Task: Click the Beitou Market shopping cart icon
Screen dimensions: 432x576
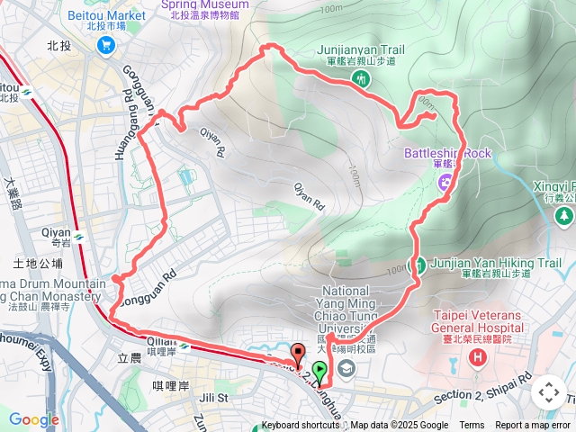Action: point(107,44)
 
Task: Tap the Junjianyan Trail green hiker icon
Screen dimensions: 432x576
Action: point(362,78)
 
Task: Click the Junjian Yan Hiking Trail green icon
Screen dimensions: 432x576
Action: point(418,265)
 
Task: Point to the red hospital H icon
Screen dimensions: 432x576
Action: point(477,357)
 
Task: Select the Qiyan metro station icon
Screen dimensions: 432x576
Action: point(80,236)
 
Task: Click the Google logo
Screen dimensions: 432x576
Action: point(33,419)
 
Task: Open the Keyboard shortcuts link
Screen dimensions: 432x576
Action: point(301,426)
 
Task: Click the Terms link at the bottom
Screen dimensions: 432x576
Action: point(472,426)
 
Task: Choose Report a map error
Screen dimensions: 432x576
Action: point(533,426)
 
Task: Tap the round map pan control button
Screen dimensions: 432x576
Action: point(548,392)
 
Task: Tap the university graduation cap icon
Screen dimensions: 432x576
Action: point(346,369)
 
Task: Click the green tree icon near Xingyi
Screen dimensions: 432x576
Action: point(564,215)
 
